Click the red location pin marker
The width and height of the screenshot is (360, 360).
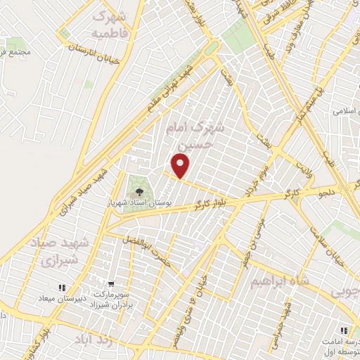click(x=181, y=166)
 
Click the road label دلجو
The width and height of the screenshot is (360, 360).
click(x=329, y=186)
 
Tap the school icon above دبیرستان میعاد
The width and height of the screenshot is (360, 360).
click(x=62, y=288)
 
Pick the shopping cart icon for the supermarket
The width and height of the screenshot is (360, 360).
click(x=111, y=284)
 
